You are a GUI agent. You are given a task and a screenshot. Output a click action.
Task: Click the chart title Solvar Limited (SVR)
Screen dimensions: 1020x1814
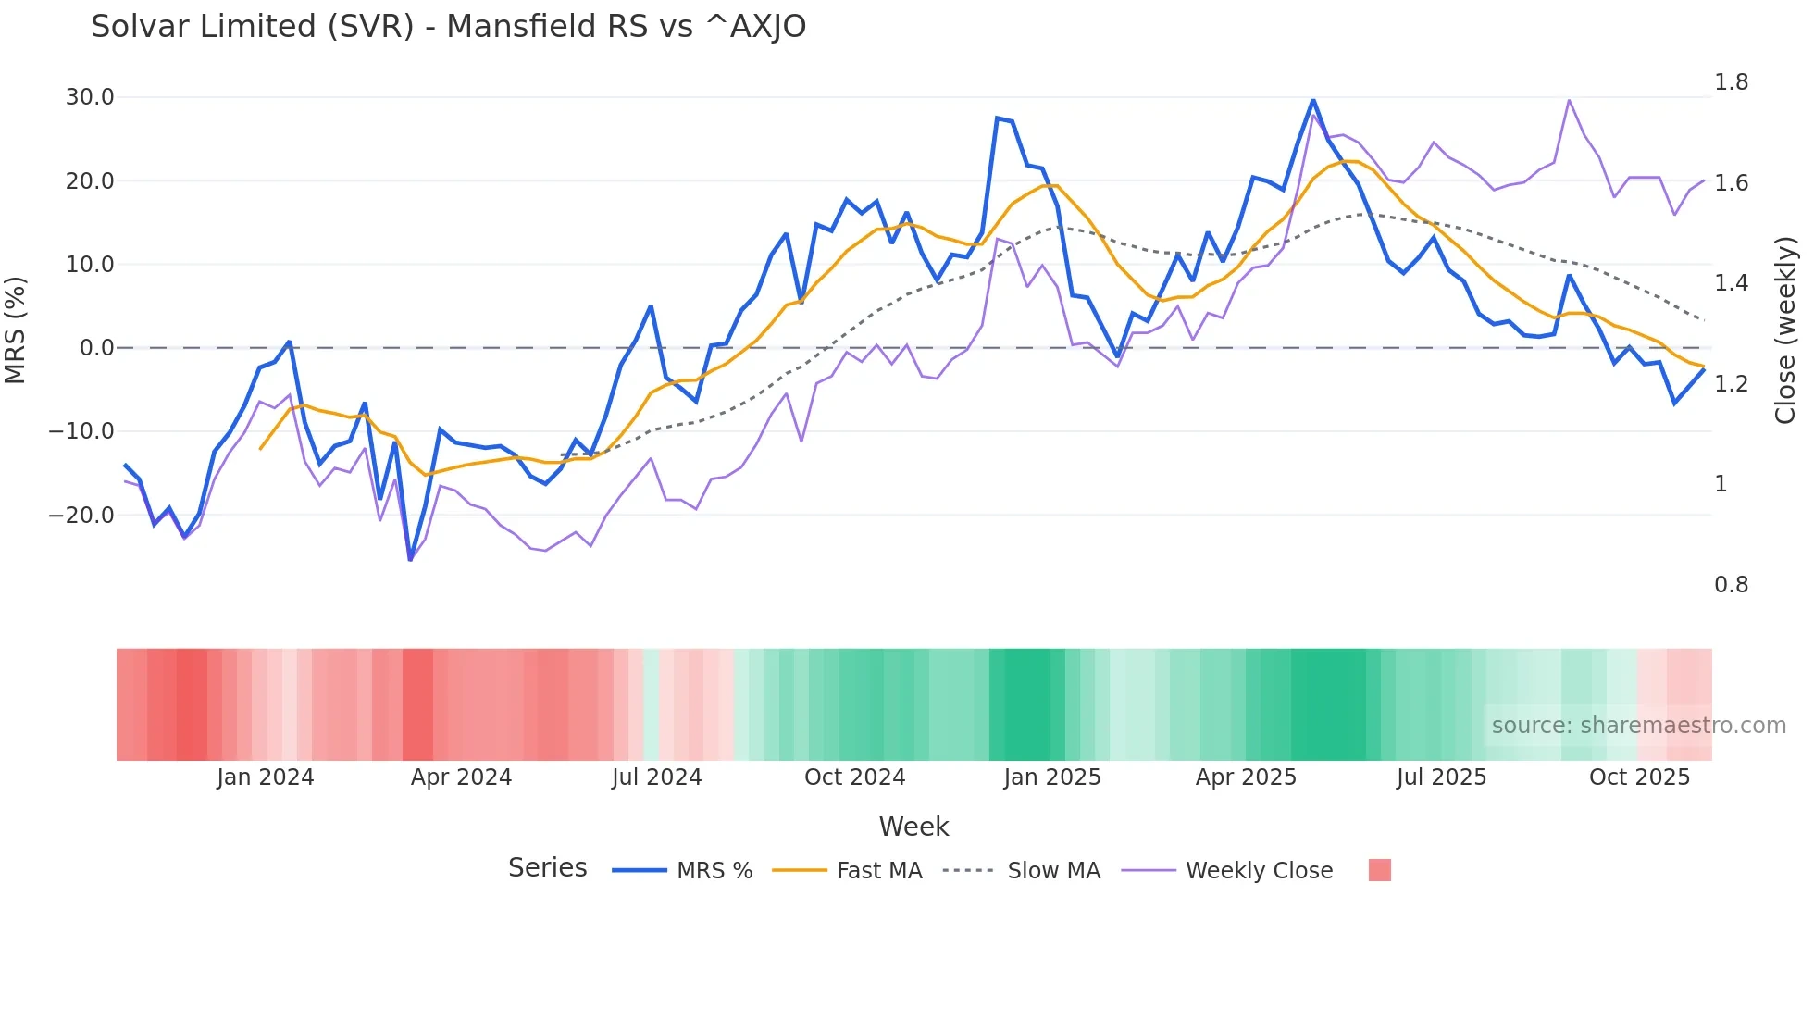(448, 27)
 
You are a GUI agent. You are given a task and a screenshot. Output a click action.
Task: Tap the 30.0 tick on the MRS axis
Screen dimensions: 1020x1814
(90, 97)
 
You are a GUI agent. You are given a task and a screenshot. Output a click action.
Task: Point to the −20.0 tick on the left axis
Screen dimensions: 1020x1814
(81, 516)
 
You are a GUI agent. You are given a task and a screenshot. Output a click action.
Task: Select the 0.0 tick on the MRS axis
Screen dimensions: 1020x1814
(96, 348)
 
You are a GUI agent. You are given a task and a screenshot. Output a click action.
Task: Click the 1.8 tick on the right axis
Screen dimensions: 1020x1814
(1731, 82)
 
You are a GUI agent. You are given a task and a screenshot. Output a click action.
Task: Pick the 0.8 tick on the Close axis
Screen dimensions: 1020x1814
(1731, 585)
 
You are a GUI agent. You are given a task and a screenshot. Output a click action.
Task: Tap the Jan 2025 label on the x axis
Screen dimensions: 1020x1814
(1052, 777)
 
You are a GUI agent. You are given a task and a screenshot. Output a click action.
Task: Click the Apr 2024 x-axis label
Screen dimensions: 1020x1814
(461, 777)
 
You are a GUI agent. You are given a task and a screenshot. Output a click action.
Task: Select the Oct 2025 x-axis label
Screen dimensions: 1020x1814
(1639, 777)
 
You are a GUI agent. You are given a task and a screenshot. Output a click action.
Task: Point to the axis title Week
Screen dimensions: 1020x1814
(913, 827)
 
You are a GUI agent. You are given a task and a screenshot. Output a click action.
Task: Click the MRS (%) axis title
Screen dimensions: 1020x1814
(16, 330)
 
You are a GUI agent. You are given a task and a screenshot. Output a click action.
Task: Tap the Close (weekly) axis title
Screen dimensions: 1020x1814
(1785, 330)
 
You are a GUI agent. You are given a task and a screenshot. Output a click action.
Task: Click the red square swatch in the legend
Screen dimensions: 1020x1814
(1379, 870)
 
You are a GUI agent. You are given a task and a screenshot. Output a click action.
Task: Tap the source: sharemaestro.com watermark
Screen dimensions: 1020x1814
(1638, 726)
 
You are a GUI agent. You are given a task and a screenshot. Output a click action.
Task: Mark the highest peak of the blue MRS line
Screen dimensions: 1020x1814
(1312, 100)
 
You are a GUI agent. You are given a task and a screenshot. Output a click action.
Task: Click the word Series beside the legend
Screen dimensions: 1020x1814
(547, 868)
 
